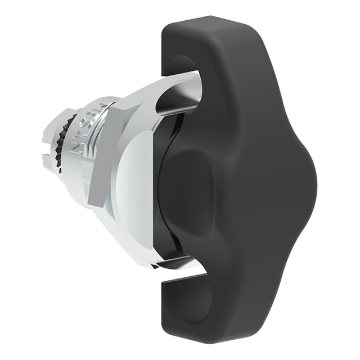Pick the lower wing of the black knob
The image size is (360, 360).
tap(208, 298)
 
